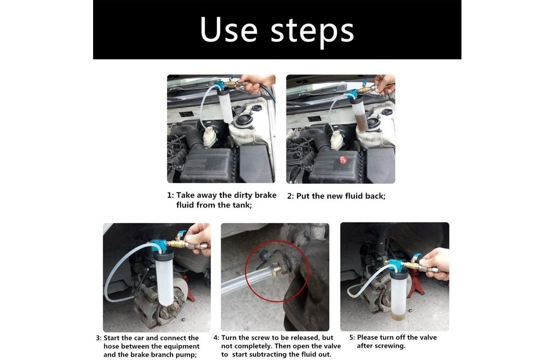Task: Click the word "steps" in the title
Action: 313,32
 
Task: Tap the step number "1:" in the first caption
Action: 170,195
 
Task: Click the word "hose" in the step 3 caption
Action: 111,346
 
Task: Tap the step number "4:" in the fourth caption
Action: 216,338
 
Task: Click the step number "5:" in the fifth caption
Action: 352,337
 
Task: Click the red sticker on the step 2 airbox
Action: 343,160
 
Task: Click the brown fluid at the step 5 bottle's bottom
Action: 398,316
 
